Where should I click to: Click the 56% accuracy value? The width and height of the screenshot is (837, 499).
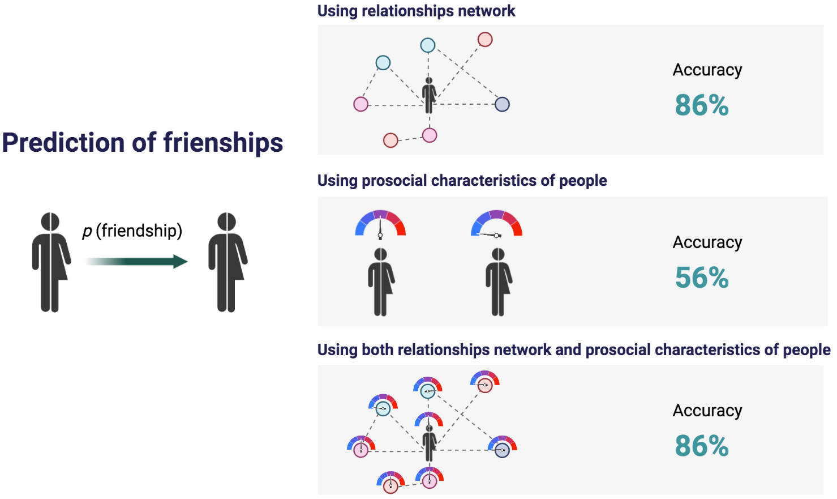pos(702,278)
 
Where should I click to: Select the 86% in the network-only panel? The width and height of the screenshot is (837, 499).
pos(702,105)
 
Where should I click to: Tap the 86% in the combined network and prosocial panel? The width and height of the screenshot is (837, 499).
pos(702,446)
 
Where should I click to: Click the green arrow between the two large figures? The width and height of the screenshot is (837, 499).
pos(137,262)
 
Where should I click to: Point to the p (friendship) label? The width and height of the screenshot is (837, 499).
pos(132,231)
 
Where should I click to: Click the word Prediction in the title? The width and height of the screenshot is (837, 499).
pos(63,143)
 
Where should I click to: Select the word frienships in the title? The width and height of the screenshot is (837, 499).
pos(223,143)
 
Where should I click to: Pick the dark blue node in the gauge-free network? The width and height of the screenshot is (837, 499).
pos(502,104)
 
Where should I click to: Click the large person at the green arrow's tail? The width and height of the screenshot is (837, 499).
pos(51,262)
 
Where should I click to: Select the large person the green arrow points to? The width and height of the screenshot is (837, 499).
pos(228,262)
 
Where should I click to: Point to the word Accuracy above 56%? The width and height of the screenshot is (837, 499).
pos(707,242)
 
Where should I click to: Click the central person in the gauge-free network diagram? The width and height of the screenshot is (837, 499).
pos(429,95)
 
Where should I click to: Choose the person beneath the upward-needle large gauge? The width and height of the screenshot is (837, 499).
pos(381,282)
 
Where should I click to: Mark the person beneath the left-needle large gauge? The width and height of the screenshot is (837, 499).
pos(499,282)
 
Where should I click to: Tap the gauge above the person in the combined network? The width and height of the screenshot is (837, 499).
pos(428,420)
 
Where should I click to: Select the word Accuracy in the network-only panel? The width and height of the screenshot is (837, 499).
pos(707,70)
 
